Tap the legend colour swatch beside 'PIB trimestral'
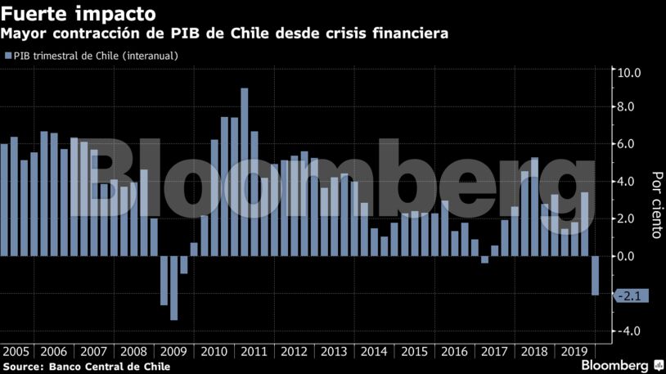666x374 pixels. point(7,56)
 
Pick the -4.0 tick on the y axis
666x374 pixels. point(628,331)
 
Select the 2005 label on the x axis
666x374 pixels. point(17,352)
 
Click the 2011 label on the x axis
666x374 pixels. point(254,352)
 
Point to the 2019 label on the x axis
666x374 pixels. point(568,352)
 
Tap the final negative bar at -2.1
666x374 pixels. point(595,275)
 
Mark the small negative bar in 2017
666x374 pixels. point(484,259)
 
